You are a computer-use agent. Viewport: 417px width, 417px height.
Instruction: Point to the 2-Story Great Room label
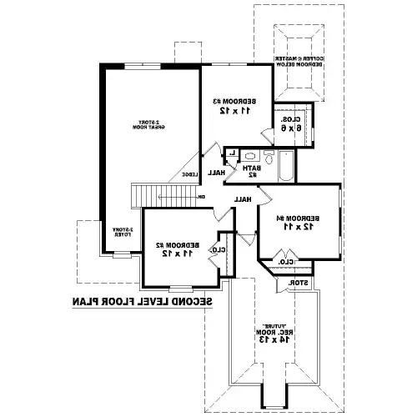click(149, 127)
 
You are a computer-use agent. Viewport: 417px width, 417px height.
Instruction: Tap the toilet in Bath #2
click(269, 158)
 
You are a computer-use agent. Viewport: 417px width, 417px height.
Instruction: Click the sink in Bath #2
click(251, 156)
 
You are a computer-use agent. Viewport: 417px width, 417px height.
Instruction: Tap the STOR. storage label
click(298, 284)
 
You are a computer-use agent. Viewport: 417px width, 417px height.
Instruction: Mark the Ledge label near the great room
click(191, 174)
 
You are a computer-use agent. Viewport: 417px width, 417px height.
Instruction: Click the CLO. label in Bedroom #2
click(219, 249)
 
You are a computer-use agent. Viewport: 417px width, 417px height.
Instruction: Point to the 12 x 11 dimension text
click(297, 226)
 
